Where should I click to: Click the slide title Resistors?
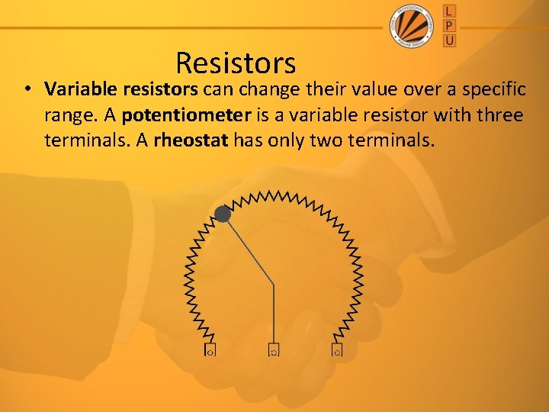pos(235,63)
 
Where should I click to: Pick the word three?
pos(496,115)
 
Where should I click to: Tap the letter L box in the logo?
pos(449,10)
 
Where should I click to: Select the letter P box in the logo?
pos(449,24)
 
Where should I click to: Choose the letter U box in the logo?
pos(449,40)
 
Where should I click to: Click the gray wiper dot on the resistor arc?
pos(223,214)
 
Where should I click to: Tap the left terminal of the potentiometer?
pos(210,351)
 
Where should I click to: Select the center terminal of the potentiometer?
pos(274,351)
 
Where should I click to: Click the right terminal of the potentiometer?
pos(337,351)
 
